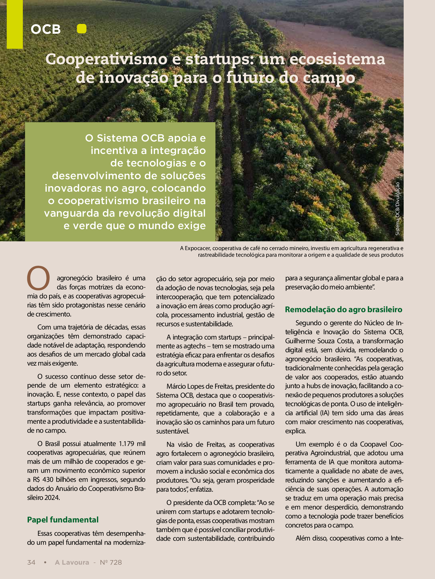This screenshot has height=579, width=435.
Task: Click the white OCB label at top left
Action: pyautogui.click(x=46, y=29)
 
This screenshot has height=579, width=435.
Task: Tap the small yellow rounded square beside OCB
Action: pyautogui.click(x=82, y=29)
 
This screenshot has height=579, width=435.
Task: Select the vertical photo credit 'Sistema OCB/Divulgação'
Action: pyautogui.click(x=397, y=209)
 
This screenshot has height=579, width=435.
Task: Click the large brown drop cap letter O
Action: pyautogui.click(x=39, y=278)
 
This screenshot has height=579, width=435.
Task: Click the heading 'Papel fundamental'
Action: pyautogui.click(x=63, y=520)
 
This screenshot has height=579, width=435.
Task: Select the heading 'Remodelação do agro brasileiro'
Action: pyautogui.click(x=344, y=309)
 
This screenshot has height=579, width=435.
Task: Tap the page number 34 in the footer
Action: pyautogui.click(x=31, y=562)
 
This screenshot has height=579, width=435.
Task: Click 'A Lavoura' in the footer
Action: pyautogui.click(x=72, y=562)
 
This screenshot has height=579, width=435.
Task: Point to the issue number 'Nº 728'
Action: pyautogui.click(x=111, y=562)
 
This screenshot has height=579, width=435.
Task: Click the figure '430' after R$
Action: pyautogui.click(x=48, y=479)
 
